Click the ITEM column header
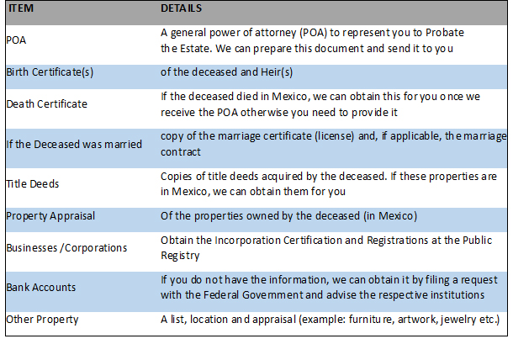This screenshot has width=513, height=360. coord(21,8)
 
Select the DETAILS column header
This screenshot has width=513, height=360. coord(182,8)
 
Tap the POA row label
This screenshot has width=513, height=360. coord(16,40)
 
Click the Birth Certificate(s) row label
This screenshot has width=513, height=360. coord(50,72)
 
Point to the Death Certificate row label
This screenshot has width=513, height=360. coord(47,104)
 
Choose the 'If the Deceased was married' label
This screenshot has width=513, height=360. coord(74,145)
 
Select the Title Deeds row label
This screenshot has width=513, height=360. coord(33,184)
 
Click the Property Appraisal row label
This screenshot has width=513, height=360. coord(50,216)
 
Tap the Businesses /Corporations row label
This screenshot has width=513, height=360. coord(66,248)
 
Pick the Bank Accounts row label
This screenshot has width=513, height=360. coord(41,288)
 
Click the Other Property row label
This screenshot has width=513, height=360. coord(42,320)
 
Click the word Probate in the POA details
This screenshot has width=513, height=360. coord(445,33)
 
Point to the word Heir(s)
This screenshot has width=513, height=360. coord(277,72)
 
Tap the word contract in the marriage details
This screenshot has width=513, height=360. coord(181,152)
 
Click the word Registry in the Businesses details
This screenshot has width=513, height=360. coord(180,256)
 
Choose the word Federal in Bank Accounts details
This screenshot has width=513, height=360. coord(221,295)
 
